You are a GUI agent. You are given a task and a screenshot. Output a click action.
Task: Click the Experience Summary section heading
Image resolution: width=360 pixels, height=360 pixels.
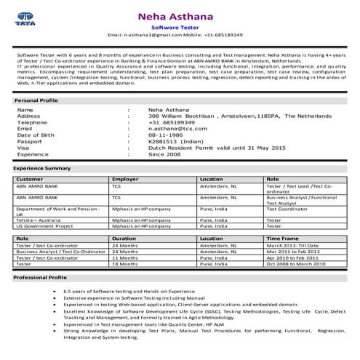tap(42, 168)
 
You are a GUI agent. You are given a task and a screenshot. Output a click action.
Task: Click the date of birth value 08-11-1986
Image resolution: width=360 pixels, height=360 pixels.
tap(169, 135)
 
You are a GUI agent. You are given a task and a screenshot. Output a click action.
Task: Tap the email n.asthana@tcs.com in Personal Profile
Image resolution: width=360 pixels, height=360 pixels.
tap(178, 128)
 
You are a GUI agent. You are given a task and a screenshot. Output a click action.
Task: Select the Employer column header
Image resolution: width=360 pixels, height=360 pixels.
tap(125, 178)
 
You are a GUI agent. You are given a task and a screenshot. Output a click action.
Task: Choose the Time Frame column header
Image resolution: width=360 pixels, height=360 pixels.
tap(282, 238)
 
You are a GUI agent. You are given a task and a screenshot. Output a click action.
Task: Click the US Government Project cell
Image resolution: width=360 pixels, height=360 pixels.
tap(45, 225)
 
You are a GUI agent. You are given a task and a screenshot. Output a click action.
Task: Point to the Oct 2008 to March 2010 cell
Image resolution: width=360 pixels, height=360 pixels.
tap(297, 263)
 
